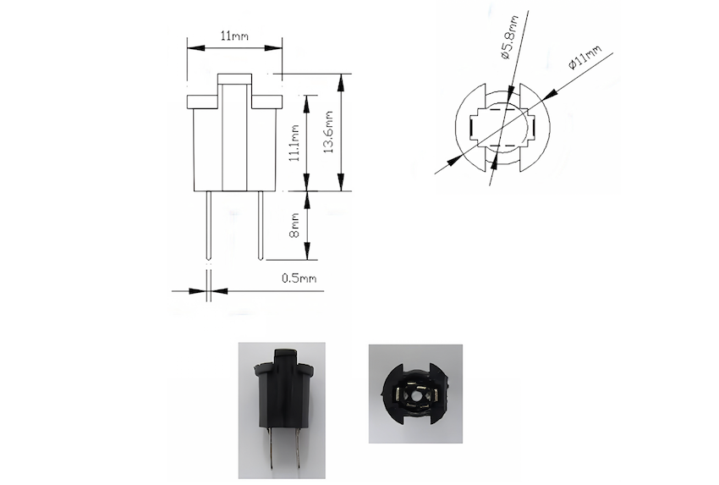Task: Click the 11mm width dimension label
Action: [234, 36]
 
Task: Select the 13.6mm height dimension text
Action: [329, 132]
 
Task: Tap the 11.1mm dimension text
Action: [294, 141]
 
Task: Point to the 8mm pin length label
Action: [294, 225]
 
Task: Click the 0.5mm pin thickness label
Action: [299, 278]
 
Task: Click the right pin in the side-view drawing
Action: [261, 225]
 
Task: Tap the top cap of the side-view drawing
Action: [235, 80]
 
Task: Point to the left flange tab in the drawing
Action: [202, 101]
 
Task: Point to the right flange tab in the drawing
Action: [266, 101]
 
